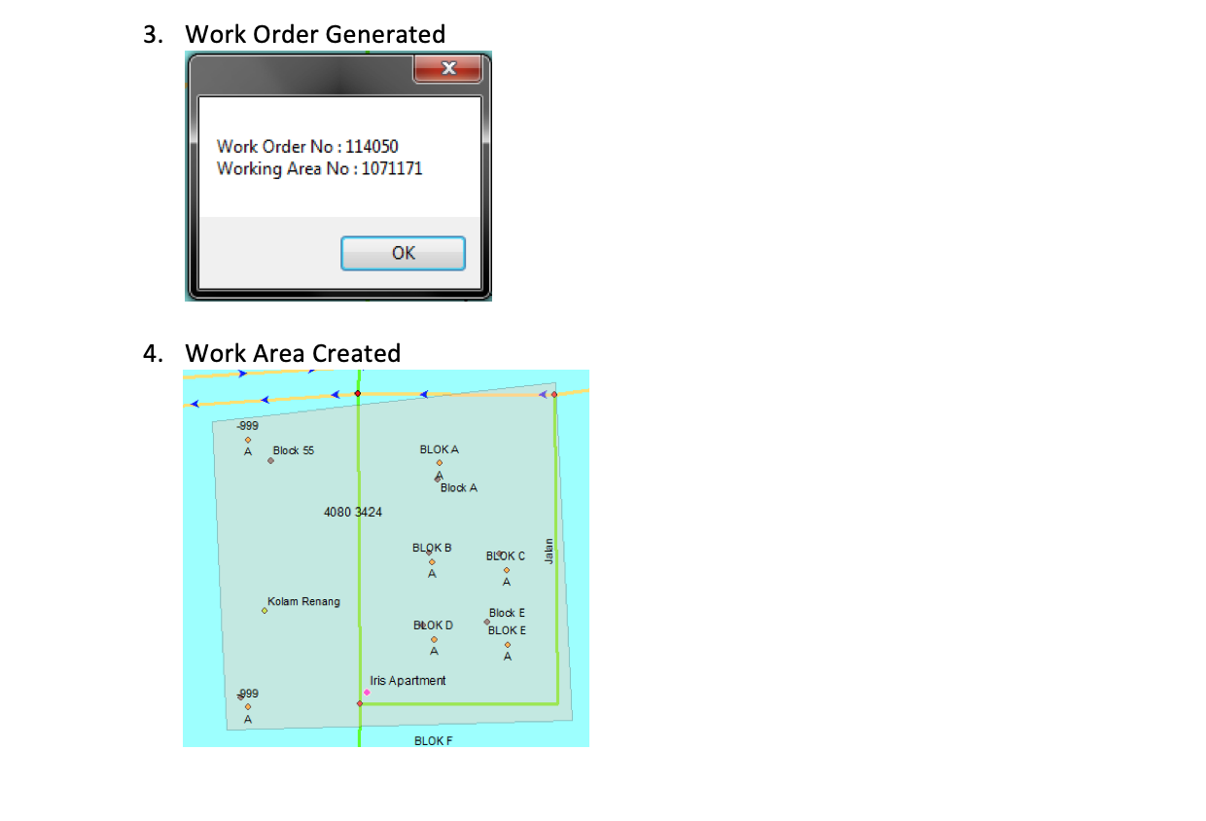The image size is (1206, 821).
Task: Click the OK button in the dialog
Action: click(x=403, y=253)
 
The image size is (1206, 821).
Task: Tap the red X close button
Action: click(x=447, y=68)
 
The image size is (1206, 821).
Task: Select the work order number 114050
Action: click(x=372, y=147)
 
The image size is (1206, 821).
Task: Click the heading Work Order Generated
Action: click(x=315, y=34)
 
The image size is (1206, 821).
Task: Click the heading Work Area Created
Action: click(x=293, y=353)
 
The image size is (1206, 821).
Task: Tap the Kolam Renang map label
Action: click(x=303, y=602)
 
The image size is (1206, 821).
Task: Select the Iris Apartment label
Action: click(x=408, y=681)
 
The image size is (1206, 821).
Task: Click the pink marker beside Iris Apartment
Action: click(x=367, y=693)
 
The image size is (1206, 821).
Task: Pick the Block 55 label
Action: click(x=294, y=451)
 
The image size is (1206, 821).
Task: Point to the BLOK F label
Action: click(x=433, y=741)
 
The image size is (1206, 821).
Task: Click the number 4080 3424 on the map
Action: click(x=353, y=512)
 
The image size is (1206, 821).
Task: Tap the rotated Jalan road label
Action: click(x=549, y=551)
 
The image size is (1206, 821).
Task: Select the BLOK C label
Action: click(x=506, y=556)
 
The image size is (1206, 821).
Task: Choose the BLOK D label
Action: click(x=433, y=625)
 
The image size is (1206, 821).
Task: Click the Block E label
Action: click(x=507, y=613)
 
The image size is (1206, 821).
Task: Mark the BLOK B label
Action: click(x=432, y=549)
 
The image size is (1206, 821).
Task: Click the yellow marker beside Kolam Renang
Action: click(x=265, y=611)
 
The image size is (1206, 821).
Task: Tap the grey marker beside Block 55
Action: click(x=270, y=460)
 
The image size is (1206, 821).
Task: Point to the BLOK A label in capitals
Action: click(x=439, y=450)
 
